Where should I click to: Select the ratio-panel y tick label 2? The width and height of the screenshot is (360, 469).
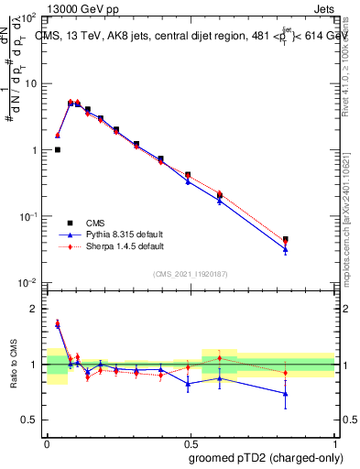point(34,310)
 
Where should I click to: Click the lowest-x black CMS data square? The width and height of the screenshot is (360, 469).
point(58,149)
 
